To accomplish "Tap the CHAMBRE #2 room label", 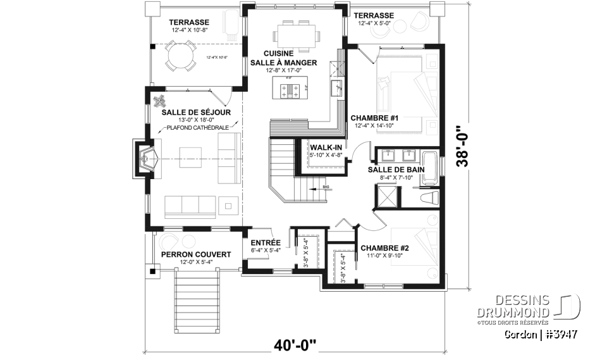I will coord(384,248).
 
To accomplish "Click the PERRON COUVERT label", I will coord(195,254).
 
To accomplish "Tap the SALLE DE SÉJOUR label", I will coord(195,112).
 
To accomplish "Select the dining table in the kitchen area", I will coord(295,34).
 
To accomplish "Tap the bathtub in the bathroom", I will coord(430,168).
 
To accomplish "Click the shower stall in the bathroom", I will coord(386,197).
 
